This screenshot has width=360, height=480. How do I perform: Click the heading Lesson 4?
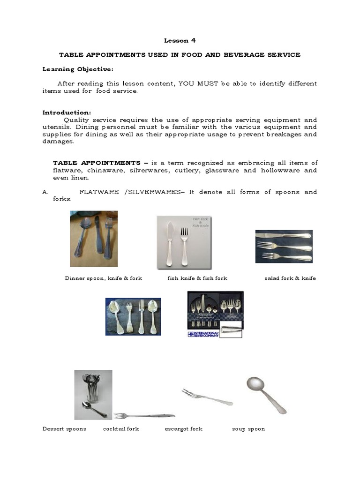click(180, 40)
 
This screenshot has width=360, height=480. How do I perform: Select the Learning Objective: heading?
click(78, 69)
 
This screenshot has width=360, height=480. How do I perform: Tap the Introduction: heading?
click(67, 112)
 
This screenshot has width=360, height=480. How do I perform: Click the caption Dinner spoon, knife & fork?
click(103, 278)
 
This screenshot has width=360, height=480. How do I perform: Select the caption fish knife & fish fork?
click(197, 278)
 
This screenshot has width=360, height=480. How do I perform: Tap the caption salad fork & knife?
click(290, 278)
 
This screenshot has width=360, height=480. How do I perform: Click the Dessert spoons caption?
click(64, 429)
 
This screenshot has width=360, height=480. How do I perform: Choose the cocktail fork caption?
click(121, 429)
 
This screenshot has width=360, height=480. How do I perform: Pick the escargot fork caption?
click(183, 429)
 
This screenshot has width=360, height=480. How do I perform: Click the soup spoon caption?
click(248, 429)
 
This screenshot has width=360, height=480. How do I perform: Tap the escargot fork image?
click(207, 397)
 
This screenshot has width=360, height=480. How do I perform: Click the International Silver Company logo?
click(203, 334)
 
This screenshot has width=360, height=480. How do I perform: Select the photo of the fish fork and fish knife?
click(184, 242)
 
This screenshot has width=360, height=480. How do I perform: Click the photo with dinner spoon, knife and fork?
click(94, 238)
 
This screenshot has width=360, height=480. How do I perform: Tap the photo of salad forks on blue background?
click(284, 247)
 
